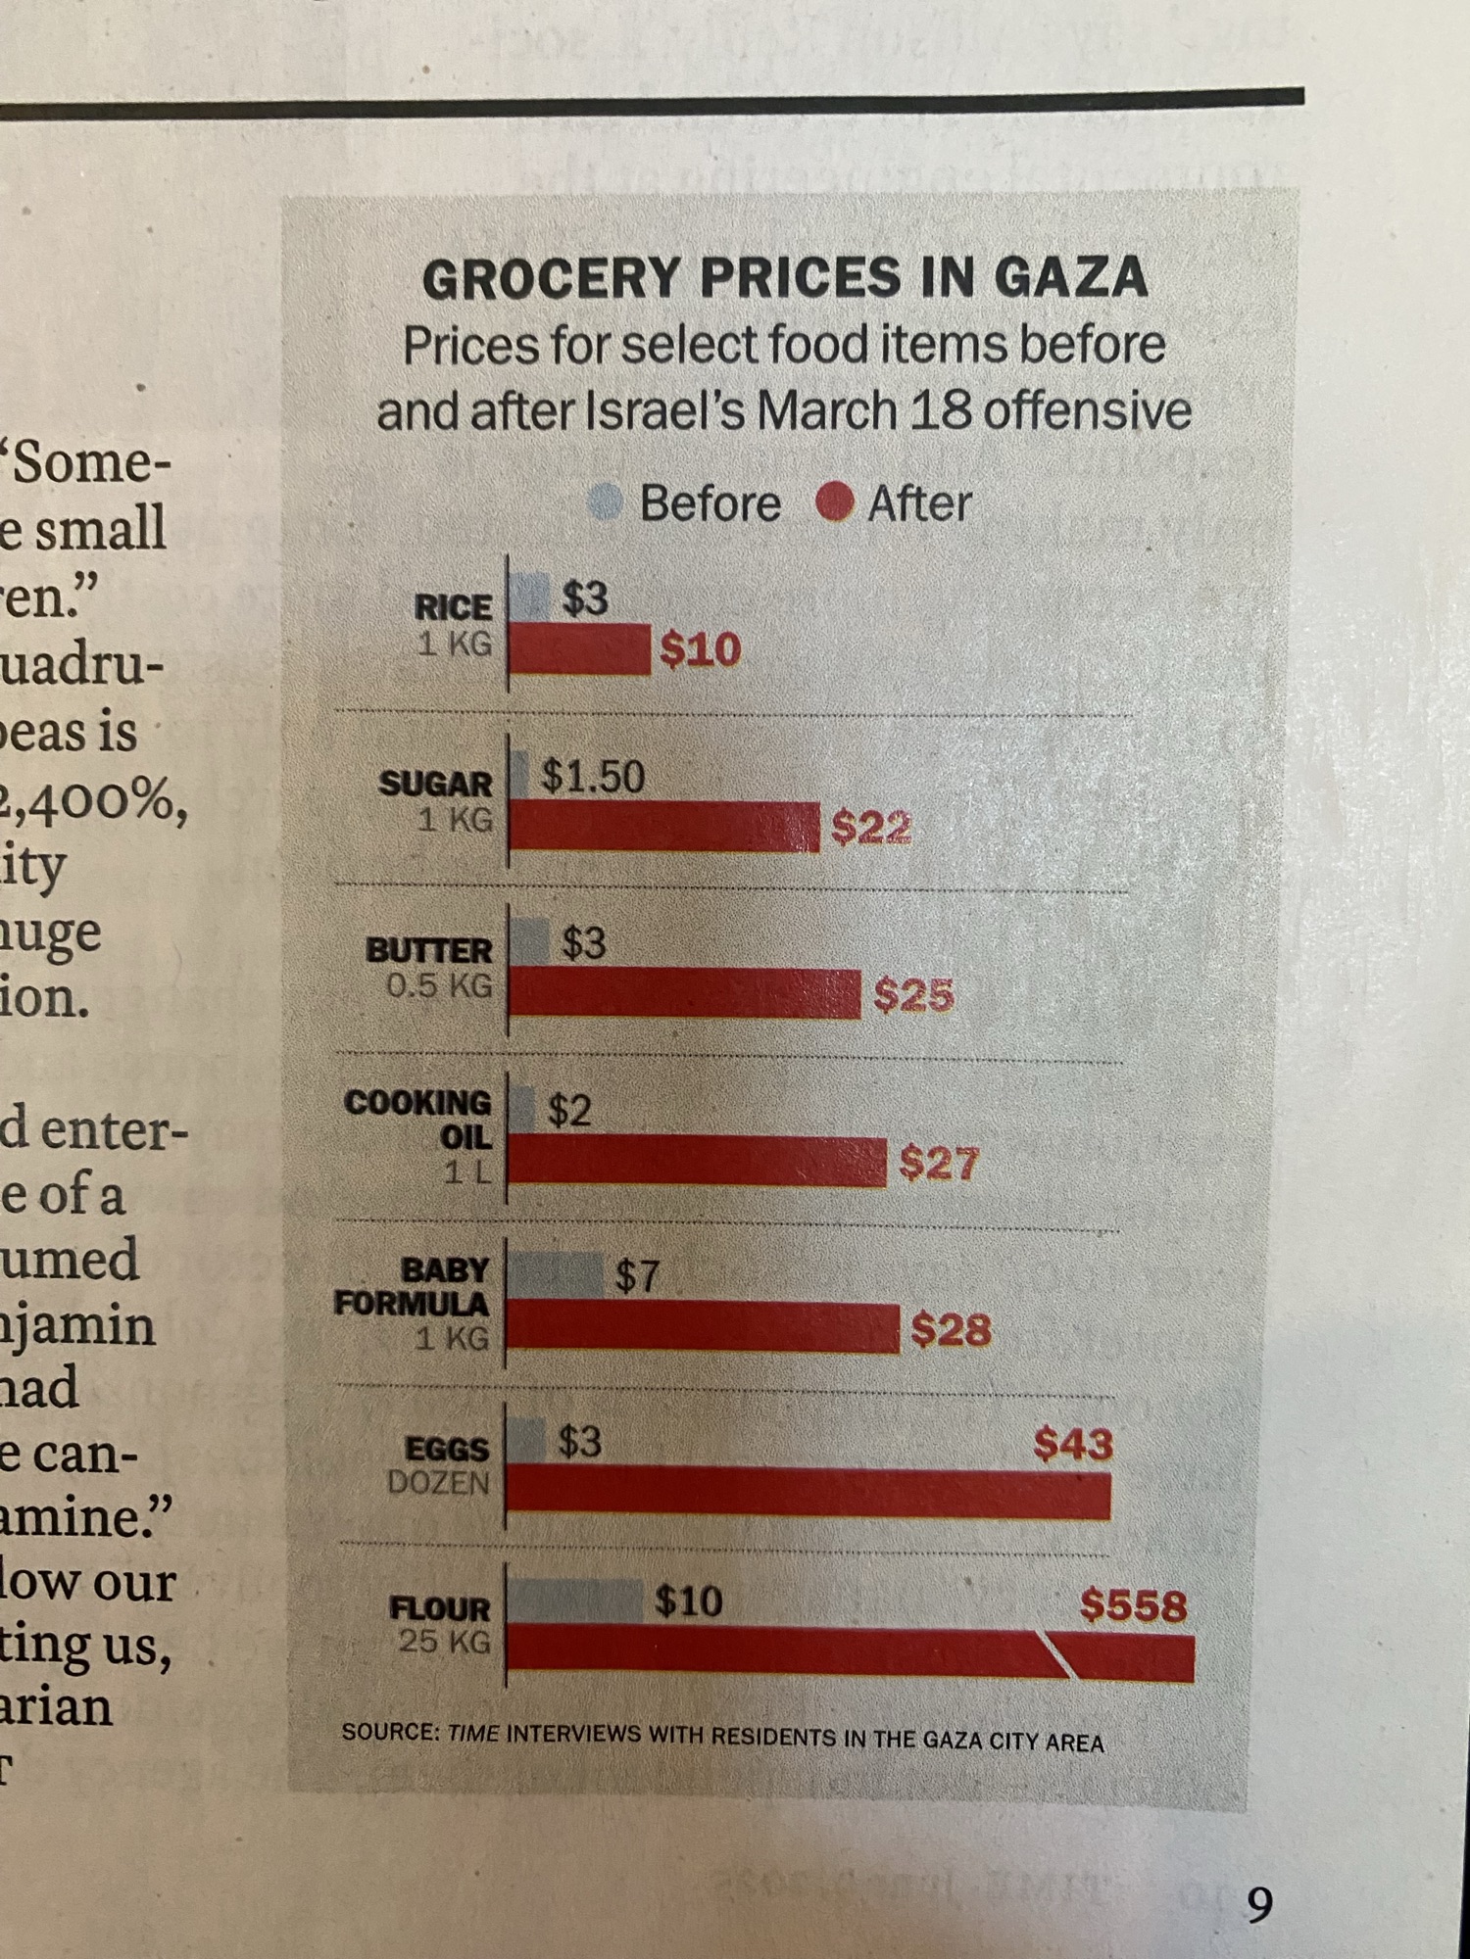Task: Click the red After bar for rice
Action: (x=579, y=649)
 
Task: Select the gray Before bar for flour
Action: (x=575, y=1600)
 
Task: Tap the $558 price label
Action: (x=1133, y=1605)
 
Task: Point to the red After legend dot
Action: (x=834, y=503)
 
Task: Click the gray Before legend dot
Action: (x=606, y=502)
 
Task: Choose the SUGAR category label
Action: (x=436, y=784)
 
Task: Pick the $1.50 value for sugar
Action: (x=593, y=777)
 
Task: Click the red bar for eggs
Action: (x=808, y=1496)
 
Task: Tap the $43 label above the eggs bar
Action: (x=1073, y=1444)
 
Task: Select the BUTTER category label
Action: (x=429, y=950)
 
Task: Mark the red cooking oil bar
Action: (x=697, y=1163)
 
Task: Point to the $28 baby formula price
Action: (x=950, y=1329)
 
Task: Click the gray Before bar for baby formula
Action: (x=556, y=1274)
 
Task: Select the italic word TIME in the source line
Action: (x=473, y=1733)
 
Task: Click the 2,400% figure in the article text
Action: (x=93, y=801)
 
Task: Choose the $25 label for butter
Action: (x=912, y=995)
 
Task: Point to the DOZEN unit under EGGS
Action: (x=438, y=1483)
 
